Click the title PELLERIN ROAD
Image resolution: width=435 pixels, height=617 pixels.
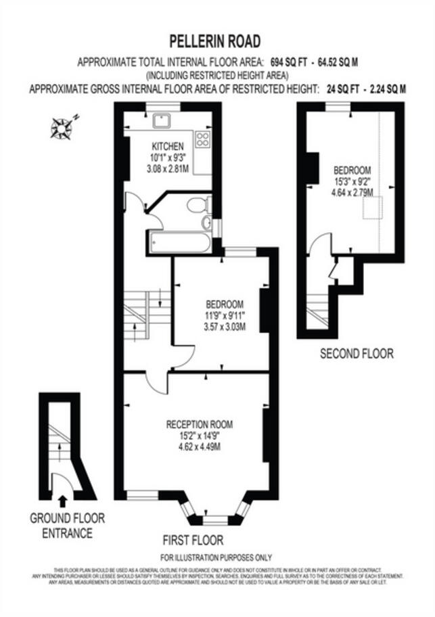pyautogui.click(x=216, y=42)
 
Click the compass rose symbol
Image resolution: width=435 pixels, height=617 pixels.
pyautogui.click(x=63, y=127)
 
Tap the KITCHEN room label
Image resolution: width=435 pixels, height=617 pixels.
pyautogui.click(x=167, y=146)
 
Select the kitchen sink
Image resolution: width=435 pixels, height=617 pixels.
pyautogui.click(x=162, y=122)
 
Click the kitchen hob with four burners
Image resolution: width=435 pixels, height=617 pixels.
pyautogui.click(x=202, y=140)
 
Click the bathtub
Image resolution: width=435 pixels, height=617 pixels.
pyautogui.click(x=178, y=242)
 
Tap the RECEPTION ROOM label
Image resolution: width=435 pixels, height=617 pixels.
pyautogui.click(x=199, y=424)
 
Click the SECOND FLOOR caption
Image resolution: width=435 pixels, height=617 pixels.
pyautogui.click(x=356, y=353)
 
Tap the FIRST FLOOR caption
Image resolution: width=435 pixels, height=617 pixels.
pyautogui.click(x=193, y=540)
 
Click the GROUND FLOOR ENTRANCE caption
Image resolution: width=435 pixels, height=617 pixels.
pyautogui.click(x=67, y=526)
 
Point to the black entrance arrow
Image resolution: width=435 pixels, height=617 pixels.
pyautogui.click(x=63, y=501)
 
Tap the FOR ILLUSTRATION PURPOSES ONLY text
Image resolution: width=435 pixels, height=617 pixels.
pyautogui.click(x=216, y=557)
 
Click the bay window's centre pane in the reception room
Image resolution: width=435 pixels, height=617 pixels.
pyautogui.click(x=215, y=520)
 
